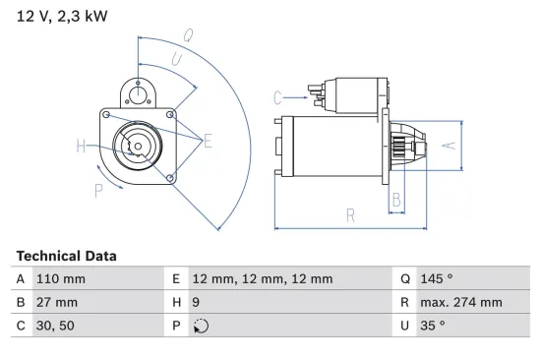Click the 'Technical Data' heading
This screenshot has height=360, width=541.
point(66,256)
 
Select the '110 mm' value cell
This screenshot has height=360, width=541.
point(60,279)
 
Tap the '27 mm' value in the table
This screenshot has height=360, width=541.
point(56,302)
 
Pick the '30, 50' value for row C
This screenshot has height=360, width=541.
point(55,326)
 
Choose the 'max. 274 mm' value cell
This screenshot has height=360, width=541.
point(462,302)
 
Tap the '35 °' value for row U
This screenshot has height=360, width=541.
point(435,326)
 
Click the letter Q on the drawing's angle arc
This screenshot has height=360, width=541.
point(187,36)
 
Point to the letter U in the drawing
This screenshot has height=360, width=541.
point(176,60)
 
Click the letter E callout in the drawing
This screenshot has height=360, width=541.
point(208,143)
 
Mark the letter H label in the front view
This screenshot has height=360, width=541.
point(81,148)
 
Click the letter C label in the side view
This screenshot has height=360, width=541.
point(278,96)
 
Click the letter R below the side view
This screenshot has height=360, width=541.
point(348,214)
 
